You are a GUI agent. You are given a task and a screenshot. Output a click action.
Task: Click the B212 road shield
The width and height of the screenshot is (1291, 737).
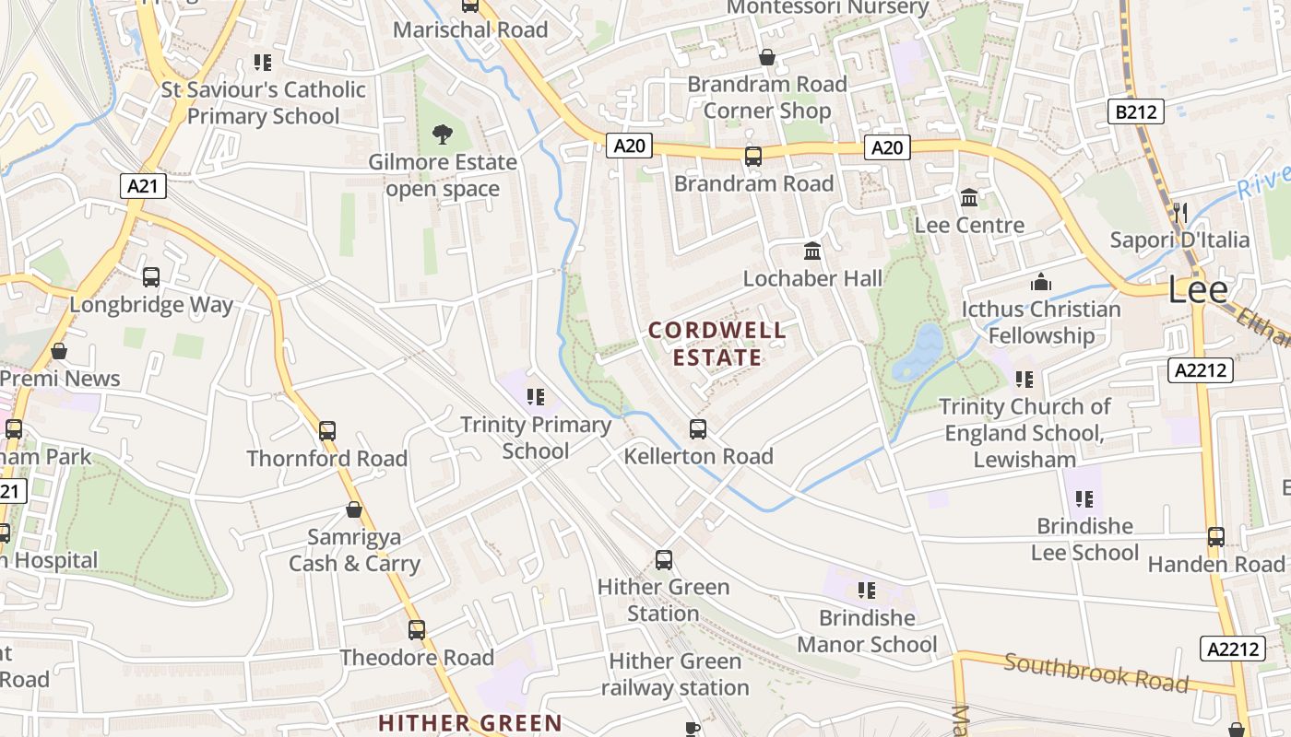coord(1135,112)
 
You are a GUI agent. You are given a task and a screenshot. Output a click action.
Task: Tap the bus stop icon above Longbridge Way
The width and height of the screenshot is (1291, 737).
coord(151,276)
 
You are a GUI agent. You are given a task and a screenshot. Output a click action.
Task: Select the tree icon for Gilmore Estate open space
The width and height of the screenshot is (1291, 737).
coord(443,135)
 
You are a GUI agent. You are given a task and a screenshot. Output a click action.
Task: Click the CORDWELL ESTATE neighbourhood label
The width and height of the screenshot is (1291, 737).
coord(717,344)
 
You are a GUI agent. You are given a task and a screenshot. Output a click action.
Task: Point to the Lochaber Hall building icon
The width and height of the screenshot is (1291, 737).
coord(812,251)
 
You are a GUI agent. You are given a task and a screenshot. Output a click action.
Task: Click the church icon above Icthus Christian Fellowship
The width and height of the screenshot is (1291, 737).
coord(1041,282)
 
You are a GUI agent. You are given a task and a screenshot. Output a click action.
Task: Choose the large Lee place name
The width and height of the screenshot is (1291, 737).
coord(1198,290)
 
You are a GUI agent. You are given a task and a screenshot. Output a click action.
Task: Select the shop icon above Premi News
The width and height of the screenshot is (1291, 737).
coord(59,351)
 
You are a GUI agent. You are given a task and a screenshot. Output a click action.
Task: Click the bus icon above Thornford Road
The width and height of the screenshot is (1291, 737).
coord(326,430)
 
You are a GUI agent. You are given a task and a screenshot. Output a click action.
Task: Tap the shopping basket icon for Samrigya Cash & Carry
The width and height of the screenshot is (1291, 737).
coord(353,509)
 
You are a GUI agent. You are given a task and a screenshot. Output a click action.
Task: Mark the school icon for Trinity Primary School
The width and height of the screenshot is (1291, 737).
coord(535,397)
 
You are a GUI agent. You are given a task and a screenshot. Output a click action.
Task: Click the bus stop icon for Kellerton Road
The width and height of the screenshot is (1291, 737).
coord(698,428)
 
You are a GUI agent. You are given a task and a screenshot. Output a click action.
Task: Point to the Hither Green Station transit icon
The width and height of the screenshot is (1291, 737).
coord(663,559)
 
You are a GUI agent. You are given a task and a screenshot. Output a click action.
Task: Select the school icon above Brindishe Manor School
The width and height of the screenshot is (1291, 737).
coord(866,590)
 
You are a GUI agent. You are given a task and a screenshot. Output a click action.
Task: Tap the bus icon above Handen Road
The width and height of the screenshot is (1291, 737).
coord(1216,536)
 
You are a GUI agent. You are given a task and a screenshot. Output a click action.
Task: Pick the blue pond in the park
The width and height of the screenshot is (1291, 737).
coord(918,351)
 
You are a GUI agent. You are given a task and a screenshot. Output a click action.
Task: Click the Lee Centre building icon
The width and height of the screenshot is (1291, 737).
coord(969,197)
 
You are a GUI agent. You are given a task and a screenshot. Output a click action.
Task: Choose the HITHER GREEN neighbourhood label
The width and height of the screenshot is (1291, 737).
coord(470,723)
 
